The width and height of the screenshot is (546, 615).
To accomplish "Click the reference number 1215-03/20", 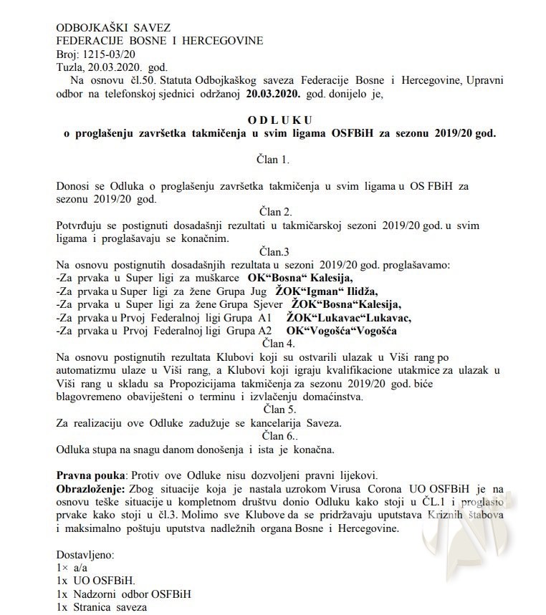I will click(104, 54).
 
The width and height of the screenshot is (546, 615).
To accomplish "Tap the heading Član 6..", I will click(274, 436).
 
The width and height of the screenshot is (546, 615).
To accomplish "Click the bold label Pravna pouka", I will click(90, 475).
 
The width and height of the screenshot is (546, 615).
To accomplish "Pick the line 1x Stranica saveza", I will click(104, 607).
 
